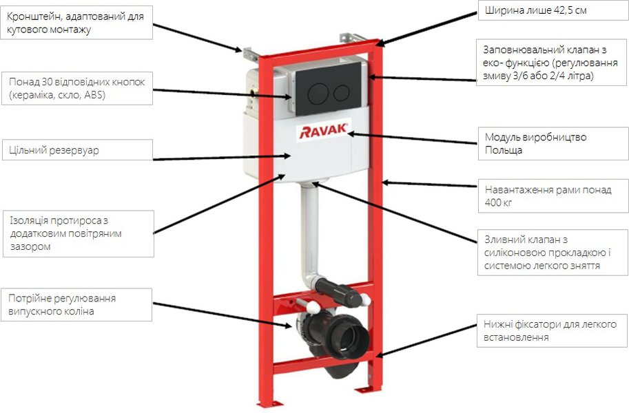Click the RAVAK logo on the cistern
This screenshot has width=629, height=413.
click(324, 130)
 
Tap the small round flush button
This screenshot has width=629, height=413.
click(341, 92)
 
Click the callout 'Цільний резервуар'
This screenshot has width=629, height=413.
click(76, 150)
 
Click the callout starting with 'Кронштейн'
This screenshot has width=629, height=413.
click(76, 23)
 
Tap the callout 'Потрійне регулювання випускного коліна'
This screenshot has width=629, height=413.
click(76, 304)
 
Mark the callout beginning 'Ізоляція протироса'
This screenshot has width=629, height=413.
click(76, 233)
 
